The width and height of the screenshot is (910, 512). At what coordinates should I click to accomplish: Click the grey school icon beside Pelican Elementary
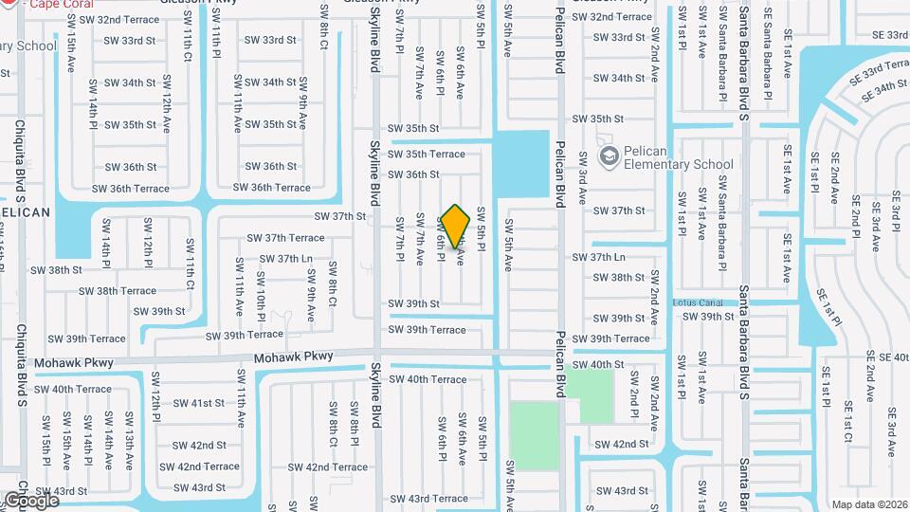coord(609,155)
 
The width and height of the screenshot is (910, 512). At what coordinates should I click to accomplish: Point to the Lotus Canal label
coord(697,302)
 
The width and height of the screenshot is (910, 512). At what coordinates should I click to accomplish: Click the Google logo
coord(31,500)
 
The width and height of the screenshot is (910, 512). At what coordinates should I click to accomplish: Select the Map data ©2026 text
coord(869,504)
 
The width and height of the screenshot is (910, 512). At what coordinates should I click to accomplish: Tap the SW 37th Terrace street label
coord(286,238)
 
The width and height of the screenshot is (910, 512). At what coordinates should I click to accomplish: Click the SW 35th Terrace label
coord(426,154)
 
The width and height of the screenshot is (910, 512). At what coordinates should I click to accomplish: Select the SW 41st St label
coord(193,403)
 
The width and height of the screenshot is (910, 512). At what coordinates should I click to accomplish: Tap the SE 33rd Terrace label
coord(879,68)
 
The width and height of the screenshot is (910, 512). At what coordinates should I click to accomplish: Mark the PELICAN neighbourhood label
coord(24,212)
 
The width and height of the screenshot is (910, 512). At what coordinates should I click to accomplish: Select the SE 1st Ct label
coord(845,426)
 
